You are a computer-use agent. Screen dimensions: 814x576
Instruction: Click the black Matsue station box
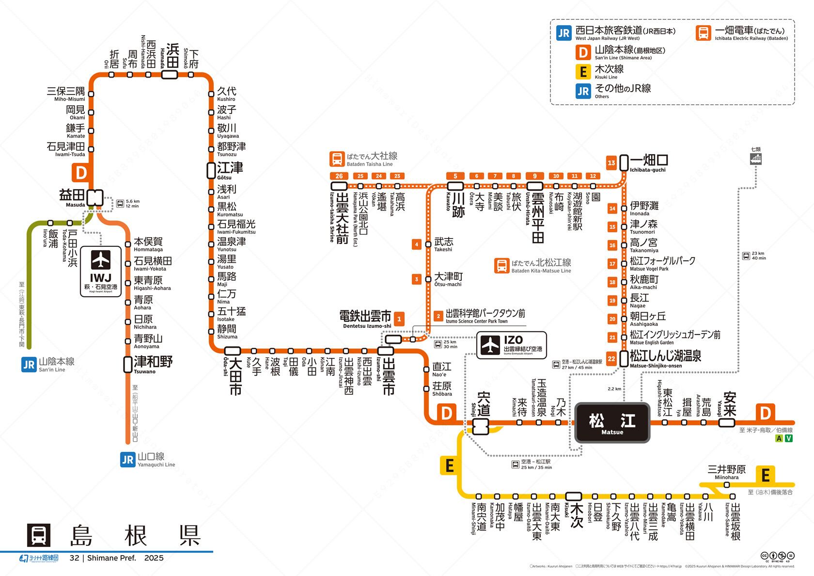click(x=612, y=422)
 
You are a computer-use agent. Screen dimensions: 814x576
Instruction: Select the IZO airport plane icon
click(x=490, y=344)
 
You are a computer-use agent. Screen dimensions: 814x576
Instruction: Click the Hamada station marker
click(x=169, y=75)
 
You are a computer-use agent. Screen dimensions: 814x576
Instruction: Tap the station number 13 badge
click(x=611, y=163)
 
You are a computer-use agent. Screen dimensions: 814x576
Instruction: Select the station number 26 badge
click(x=339, y=176)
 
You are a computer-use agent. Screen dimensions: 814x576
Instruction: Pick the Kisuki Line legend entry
click(x=609, y=71)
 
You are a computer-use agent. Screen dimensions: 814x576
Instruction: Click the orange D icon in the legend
click(x=583, y=52)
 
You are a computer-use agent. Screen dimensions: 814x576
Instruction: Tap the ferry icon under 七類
click(x=755, y=159)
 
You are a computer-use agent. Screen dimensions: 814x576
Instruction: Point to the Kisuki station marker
click(x=574, y=496)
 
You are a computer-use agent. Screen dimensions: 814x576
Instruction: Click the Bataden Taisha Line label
click(x=372, y=158)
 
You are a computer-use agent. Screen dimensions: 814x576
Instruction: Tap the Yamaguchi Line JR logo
click(x=127, y=459)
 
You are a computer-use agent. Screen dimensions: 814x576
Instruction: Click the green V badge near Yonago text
click(x=789, y=439)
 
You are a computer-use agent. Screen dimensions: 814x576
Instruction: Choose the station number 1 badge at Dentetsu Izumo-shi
click(x=399, y=319)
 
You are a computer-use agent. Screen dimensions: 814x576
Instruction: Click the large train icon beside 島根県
click(x=38, y=535)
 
